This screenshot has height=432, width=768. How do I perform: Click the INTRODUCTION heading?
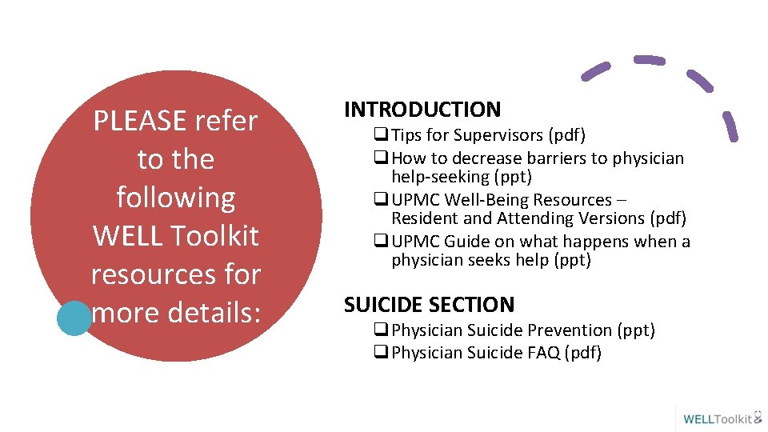pos(422,110)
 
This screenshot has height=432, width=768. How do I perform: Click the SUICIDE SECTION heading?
pos(429,305)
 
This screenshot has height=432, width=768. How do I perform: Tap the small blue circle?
pos(74,318)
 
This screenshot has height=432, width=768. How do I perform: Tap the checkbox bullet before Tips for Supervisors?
pos(381,136)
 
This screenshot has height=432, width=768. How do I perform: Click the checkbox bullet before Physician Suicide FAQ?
pos(381,353)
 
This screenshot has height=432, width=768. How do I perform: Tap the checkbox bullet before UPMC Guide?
pos(381,242)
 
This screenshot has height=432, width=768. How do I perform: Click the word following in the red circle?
pos(176,198)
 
